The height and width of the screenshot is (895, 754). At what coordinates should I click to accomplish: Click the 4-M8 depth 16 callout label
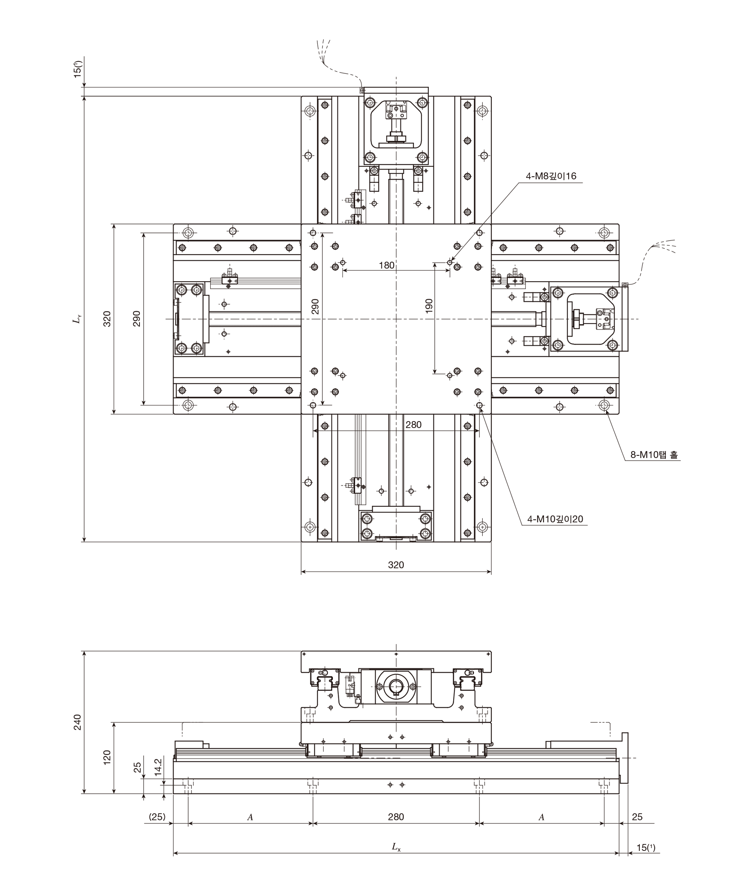[x=551, y=176]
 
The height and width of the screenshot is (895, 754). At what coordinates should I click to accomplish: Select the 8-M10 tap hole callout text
[x=654, y=455]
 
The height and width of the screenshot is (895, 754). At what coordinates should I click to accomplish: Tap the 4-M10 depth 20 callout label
[x=555, y=519]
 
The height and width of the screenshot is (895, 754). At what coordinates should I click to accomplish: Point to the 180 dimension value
[x=386, y=265]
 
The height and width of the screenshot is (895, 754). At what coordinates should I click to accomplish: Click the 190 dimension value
[x=429, y=306]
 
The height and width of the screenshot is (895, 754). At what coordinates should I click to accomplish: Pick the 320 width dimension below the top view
[x=396, y=565]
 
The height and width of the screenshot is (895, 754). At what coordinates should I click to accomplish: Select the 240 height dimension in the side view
[x=77, y=722]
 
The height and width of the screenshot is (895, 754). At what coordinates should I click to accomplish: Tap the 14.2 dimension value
[x=158, y=767]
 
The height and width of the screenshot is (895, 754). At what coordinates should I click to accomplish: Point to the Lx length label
[x=396, y=846]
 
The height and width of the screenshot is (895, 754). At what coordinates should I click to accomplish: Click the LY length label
[x=77, y=319]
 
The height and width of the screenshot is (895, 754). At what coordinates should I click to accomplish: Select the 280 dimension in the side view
[x=396, y=817]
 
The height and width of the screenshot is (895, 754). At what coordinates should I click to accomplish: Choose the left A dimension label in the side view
[x=250, y=817]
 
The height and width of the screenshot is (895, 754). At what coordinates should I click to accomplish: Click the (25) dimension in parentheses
[x=157, y=817]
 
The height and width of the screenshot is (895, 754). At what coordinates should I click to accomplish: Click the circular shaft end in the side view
[x=396, y=686]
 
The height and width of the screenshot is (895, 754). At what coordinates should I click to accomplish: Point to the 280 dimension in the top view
[x=413, y=425]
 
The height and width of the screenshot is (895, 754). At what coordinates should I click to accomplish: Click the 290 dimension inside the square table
[x=315, y=307]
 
